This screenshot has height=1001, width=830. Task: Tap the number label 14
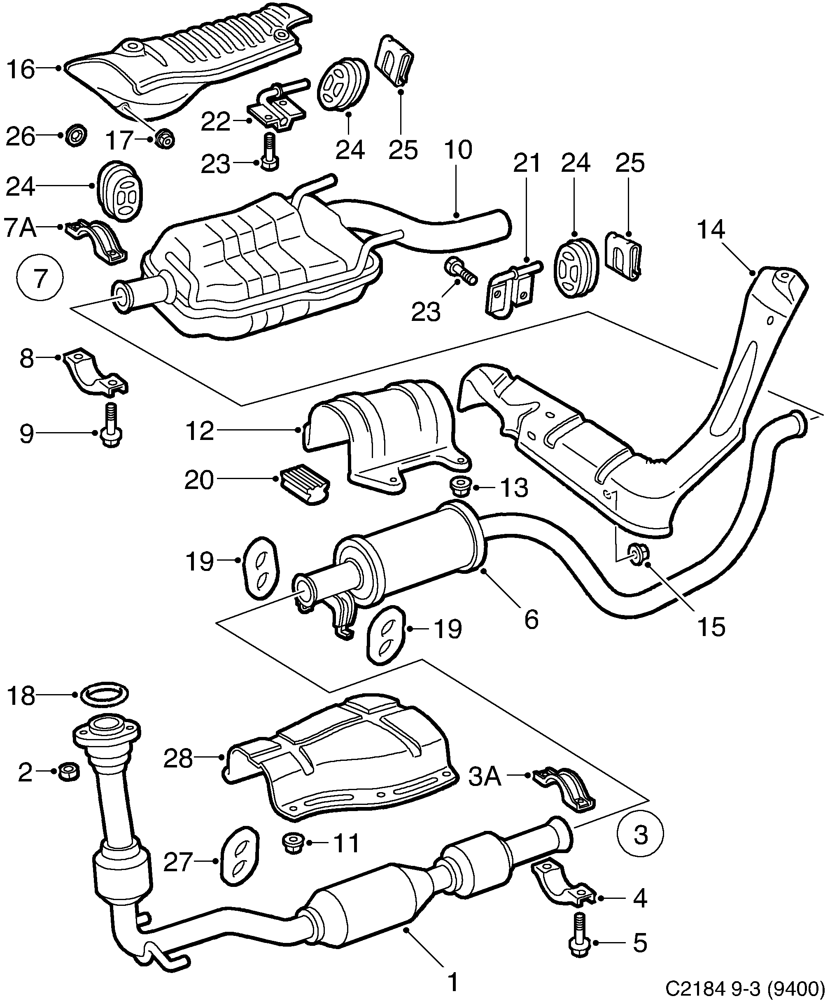tap(711, 230)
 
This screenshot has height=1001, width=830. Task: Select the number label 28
tap(178, 758)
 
